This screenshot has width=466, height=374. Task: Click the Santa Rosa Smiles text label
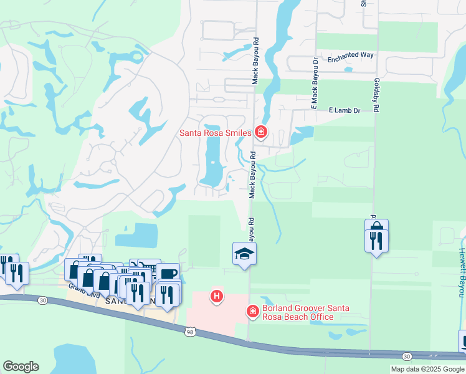click(215, 132)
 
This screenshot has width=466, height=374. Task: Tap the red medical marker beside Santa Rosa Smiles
click(261, 132)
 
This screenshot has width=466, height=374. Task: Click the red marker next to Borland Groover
click(253, 310)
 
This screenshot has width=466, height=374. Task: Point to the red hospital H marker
click(216, 295)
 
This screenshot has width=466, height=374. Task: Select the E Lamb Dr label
click(345, 110)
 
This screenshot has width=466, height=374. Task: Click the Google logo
click(21, 367)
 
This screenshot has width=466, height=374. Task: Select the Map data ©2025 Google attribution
click(427, 369)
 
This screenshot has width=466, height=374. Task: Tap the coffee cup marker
click(168, 273)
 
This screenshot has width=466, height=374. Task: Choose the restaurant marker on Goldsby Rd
click(376, 240)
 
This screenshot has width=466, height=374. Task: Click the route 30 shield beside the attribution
click(407, 356)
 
